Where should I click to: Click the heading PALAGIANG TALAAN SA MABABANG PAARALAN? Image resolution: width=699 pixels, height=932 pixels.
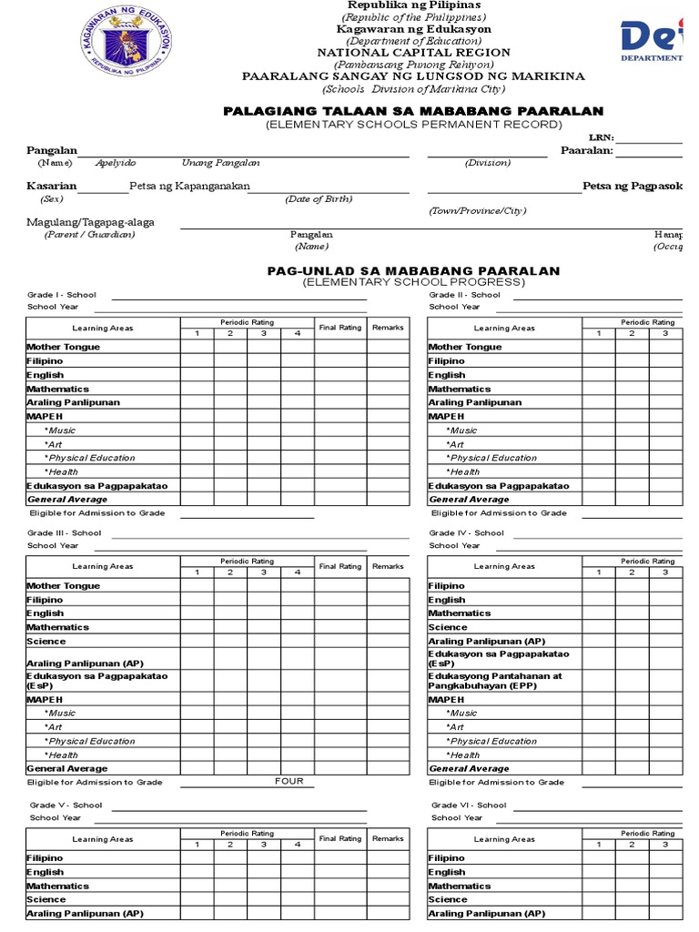(413, 111)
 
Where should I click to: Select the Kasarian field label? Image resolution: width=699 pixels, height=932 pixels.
(51, 186)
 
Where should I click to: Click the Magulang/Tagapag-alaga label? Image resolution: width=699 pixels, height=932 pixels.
(90, 221)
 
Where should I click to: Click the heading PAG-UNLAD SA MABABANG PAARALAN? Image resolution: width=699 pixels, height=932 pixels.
(413, 271)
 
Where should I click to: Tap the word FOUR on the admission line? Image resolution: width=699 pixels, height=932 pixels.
(289, 781)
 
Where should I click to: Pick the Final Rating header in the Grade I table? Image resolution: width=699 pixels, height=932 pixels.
(340, 328)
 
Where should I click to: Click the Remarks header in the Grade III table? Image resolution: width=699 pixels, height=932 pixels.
(388, 566)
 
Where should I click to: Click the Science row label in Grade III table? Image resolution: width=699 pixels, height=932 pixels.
(46, 641)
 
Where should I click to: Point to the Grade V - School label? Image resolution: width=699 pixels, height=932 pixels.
(66, 805)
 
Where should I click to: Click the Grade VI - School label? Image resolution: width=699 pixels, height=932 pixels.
(469, 805)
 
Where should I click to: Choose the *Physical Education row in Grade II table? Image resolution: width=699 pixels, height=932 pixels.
(491, 458)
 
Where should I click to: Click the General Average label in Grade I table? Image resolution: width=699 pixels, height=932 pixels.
(67, 499)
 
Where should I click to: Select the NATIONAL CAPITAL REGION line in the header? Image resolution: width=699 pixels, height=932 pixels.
(413, 53)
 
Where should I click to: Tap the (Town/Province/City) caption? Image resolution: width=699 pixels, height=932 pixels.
(478, 211)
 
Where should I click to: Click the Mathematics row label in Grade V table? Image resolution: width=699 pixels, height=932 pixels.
(57, 886)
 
